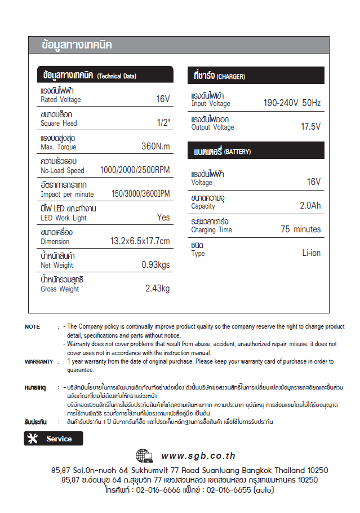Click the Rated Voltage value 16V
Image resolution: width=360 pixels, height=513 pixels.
[x=162, y=99]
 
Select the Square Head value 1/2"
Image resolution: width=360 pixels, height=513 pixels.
[x=163, y=123]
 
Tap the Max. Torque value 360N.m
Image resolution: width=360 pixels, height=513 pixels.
[x=155, y=147]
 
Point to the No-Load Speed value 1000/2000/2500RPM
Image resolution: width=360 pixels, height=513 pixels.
[x=135, y=170]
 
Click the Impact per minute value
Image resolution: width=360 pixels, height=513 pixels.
[x=140, y=194]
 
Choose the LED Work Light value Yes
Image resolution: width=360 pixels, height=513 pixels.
[x=163, y=218]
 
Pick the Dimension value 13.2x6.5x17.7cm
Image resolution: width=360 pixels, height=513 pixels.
[x=140, y=241]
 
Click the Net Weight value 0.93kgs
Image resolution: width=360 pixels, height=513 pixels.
[x=155, y=265]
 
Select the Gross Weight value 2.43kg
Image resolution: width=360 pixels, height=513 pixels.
[x=157, y=289]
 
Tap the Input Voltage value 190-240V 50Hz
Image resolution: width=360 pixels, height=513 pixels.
[x=292, y=103]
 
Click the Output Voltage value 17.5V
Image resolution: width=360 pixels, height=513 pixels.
[x=310, y=127]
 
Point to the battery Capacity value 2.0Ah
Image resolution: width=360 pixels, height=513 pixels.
[x=310, y=206]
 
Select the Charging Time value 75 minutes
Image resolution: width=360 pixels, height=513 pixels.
[x=300, y=229]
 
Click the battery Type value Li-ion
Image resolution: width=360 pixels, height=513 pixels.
[x=311, y=253]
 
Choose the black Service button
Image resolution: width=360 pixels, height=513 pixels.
[x=54, y=439]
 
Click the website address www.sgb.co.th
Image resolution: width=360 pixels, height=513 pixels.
[x=198, y=456]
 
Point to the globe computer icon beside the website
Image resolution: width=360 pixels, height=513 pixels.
[x=145, y=455]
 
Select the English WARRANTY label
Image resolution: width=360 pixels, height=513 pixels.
[x=39, y=362]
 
